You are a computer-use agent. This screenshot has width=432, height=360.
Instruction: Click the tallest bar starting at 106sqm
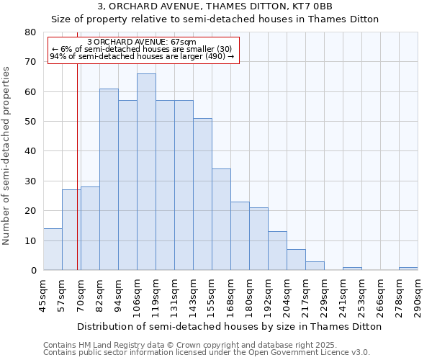[146, 172]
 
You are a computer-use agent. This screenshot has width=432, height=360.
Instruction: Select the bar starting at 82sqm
[109, 179]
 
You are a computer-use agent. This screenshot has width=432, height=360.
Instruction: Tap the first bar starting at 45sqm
[53, 249]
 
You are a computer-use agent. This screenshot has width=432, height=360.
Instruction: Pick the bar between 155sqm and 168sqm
[221, 220]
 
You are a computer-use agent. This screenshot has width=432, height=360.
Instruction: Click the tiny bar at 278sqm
[408, 269]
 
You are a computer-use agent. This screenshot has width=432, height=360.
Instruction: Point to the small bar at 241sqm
[352, 269]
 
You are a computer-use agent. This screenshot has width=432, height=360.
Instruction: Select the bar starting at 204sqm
[296, 260]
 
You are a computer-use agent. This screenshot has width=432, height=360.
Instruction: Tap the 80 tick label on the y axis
[30, 32]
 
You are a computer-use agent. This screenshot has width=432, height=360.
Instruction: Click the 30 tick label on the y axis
[30, 181]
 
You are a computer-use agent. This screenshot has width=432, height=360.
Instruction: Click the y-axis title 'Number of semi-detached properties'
[7, 156]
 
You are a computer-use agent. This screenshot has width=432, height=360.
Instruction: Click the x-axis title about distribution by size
[229, 326]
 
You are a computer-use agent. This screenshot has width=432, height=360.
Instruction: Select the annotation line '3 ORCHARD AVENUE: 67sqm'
[141, 42]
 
